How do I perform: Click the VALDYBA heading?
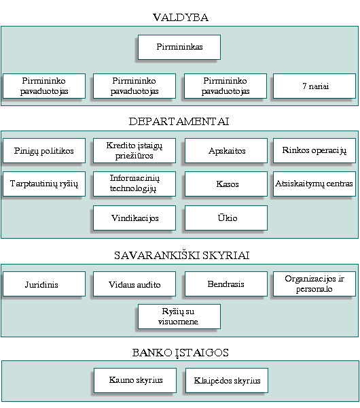click(181, 18)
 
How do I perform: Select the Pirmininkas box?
click(179, 48)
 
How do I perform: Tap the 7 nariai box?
click(314, 86)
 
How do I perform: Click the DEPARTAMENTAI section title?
click(179, 122)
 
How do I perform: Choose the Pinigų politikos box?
click(44, 151)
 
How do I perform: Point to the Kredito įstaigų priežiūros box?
click(134, 151)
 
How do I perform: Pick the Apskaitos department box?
click(226, 151)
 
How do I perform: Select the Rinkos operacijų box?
click(314, 151)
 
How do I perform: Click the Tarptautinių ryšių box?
click(44, 184)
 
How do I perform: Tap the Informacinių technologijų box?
click(134, 184)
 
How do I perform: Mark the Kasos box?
click(226, 184)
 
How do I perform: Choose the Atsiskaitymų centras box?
click(314, 184)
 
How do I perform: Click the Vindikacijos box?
click(134, 218)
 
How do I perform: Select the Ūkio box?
click(226, 218)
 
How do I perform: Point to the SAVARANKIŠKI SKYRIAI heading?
click(181, 255)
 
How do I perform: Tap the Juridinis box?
click(44, 284)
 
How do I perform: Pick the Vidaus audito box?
click(134, 284)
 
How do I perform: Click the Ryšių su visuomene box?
click(179, 317)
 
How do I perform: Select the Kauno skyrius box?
click(135, 380)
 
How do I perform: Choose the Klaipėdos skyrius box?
click(227, 380)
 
